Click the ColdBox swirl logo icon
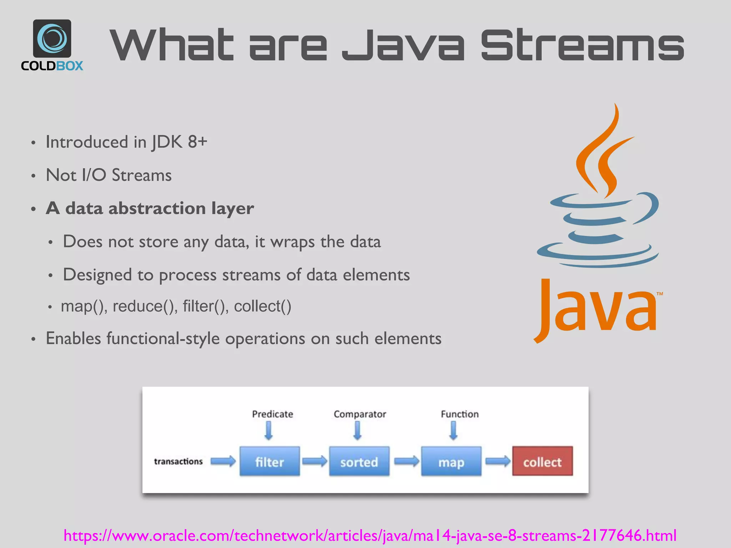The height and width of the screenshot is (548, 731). point(52,38)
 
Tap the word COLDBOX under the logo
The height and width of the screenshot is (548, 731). point(52,66)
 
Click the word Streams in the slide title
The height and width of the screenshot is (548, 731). point(582,45)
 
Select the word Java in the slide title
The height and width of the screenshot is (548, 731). point(403,45)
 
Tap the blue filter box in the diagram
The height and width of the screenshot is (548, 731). point(269,461)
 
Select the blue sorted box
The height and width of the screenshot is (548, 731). point(359,461)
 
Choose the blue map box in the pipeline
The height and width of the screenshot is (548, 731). point(451,461)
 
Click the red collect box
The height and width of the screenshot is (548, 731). point(542,461)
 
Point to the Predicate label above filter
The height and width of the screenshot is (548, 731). point(272,414)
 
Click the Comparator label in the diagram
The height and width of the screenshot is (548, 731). point(360,414)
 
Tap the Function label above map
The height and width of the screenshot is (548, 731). point(460,414)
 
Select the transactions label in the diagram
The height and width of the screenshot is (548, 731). point(178,461)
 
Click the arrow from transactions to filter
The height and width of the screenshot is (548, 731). point(223,461)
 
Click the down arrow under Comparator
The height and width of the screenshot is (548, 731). point(357,431)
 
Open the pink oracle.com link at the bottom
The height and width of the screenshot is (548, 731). point(370,535)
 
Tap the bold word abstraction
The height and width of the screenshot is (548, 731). point(157,208)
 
